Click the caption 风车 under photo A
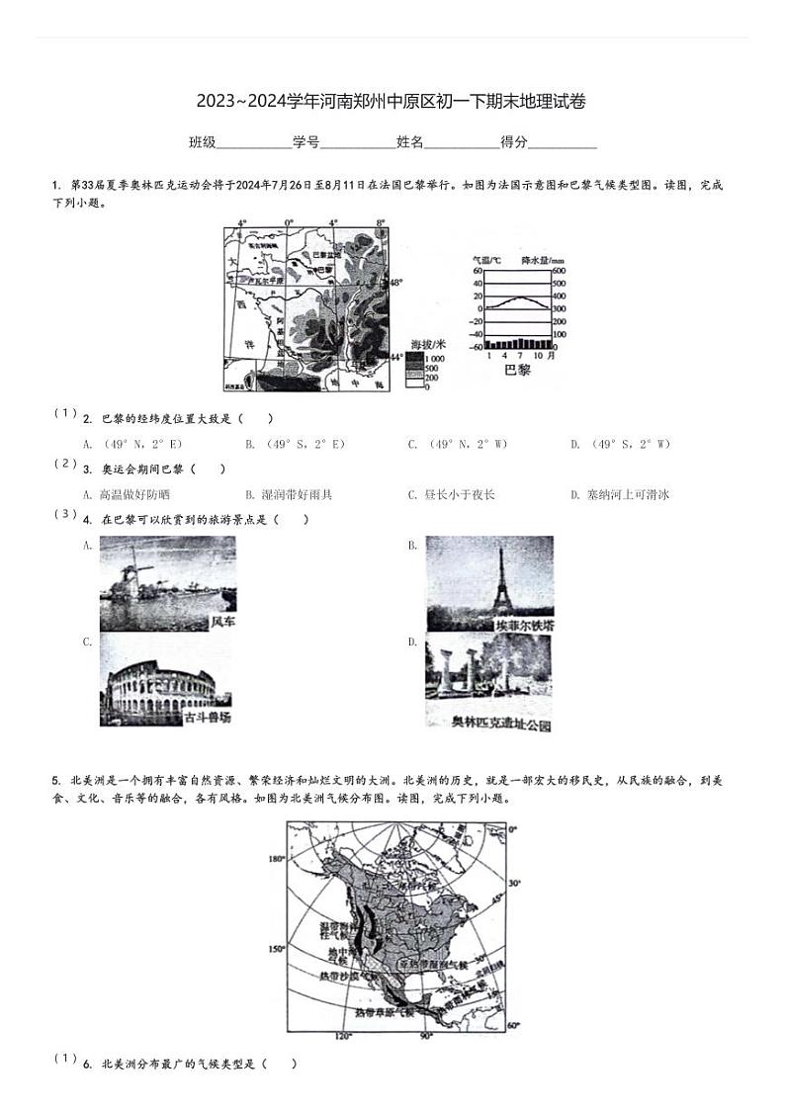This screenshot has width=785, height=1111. tap(222, 623)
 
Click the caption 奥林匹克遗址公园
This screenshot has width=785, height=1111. tap(501, 724)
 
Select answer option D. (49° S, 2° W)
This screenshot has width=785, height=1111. tap(620, 445)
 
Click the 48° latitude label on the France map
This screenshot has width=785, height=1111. tap(395, 284)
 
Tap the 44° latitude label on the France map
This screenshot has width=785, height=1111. tap(395, 356)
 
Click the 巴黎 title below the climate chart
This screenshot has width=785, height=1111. tap(517, 370)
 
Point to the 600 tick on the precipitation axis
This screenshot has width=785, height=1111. tap(559, 271)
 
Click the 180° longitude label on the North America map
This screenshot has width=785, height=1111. tap(276, 859)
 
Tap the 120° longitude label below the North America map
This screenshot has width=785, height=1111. tap(342, 1037)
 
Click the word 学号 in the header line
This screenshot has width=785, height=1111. tap(305, 142)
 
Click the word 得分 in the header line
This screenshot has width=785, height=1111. tap(514, 142)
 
